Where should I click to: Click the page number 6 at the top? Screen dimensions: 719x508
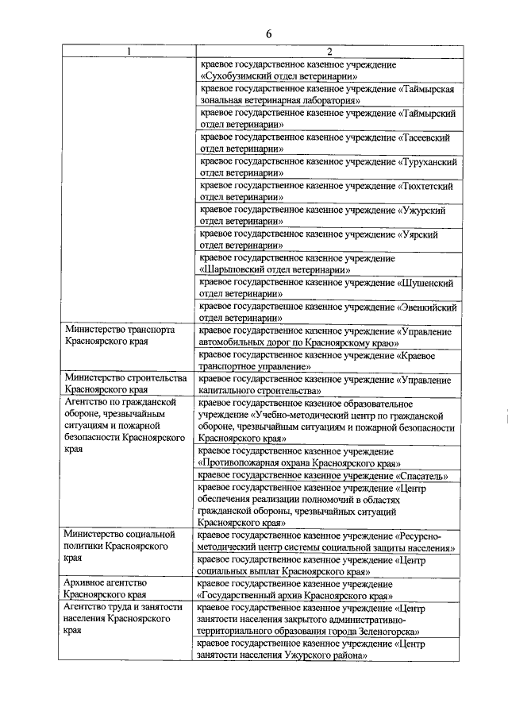[x=268, y=33]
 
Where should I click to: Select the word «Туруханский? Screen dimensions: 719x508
[x=428, y=161]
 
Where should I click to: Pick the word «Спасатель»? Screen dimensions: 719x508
[x=428, y=475]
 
